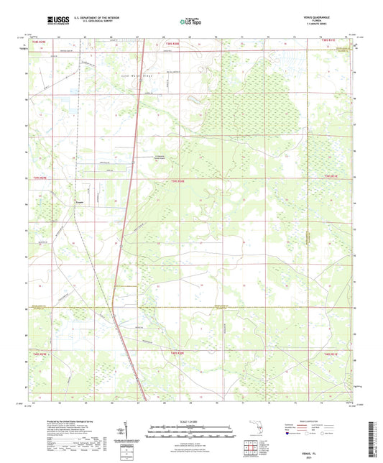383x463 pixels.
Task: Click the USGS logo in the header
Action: coord(57,21)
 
